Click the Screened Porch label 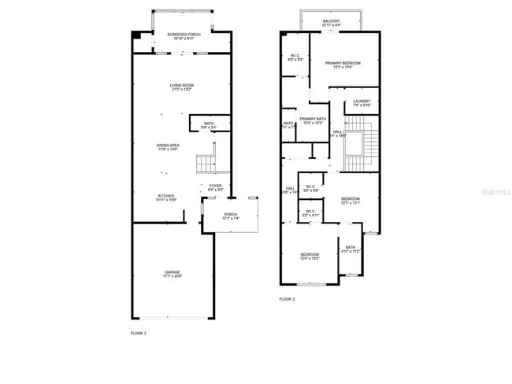click(182, 35)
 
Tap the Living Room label click(182, 87)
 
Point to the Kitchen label click(165, 198)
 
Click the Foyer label click(215, 187)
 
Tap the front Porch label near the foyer click(231, 216)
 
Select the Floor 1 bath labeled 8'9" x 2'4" click(209, 124)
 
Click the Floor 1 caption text click(139, 334)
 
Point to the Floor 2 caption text click(287, 300)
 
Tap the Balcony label click(331, 23)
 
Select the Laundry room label click(362, 103)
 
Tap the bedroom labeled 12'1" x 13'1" click(351, 200)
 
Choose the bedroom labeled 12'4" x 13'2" click(310, 257)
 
